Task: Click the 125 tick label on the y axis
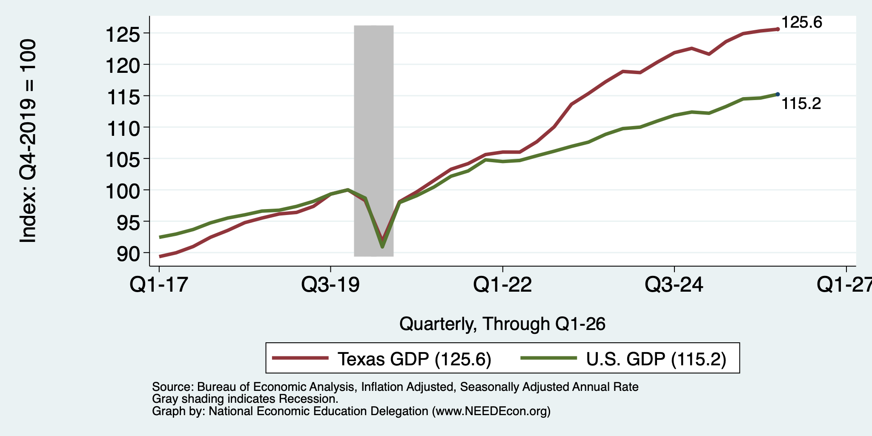123,34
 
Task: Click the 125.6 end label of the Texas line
802,23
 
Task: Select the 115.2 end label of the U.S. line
801,103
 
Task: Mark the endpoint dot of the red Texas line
777,29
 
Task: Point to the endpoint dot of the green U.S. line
777,95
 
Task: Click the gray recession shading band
374,141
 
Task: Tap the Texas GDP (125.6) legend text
415,359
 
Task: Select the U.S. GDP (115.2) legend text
656,359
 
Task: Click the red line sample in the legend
300,358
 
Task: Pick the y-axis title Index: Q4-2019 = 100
28,141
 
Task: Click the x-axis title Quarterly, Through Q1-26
502,324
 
